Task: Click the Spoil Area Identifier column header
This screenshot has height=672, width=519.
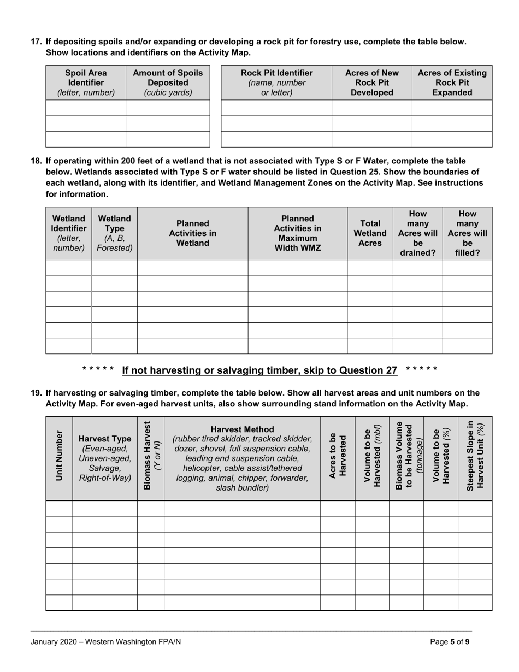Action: [x=86, y=82]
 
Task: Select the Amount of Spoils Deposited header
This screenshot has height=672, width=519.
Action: [x=168, y=82]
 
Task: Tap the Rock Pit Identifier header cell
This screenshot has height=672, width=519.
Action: [x=276, y=82]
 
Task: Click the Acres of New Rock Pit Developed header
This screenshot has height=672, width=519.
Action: [x=371, y=82]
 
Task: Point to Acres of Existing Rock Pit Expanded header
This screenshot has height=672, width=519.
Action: [x=452, y=82]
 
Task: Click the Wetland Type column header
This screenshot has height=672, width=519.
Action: [x=115, y=233]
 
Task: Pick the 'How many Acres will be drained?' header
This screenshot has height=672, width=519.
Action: [x=417, y=233]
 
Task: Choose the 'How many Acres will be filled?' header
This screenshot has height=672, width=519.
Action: [x=467, y=233]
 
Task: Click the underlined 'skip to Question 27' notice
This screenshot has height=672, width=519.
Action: [x=259, y=370]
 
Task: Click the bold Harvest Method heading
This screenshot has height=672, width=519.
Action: [x=242, y=429]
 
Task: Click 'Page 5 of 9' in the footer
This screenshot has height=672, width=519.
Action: [x=449, y=642]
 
